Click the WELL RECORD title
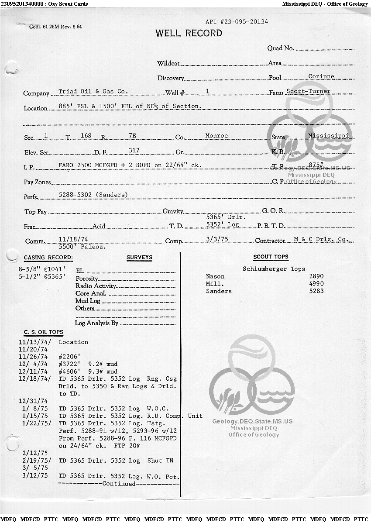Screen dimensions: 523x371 click(x=189, y=33)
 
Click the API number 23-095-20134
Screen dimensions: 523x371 click(x=237, y=21)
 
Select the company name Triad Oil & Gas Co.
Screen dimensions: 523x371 click(x=93, y=92)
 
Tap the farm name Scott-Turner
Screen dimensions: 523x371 click(x=308, y=92)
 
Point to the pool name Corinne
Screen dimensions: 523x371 click(x=321, y=76)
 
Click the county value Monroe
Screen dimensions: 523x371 click(x=216, y=136)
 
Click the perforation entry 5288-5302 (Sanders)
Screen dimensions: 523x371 click(x=93, y=195)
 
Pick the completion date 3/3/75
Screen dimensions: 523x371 click(x=216, y=240)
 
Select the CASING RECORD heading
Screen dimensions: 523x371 click(x=48, y=258)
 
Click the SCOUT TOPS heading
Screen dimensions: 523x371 click(x=271, y=257)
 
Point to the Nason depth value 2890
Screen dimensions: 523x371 click(x=316, y=276)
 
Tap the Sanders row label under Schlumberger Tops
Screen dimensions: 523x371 click(x=219, y=291)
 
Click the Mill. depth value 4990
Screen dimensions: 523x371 click(x=316, y=284)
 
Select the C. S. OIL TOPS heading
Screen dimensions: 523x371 click(x=43, y=332)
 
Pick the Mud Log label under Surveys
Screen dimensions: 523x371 click(x=88, y=301)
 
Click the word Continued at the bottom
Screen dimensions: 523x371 click(x=119, y=484)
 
